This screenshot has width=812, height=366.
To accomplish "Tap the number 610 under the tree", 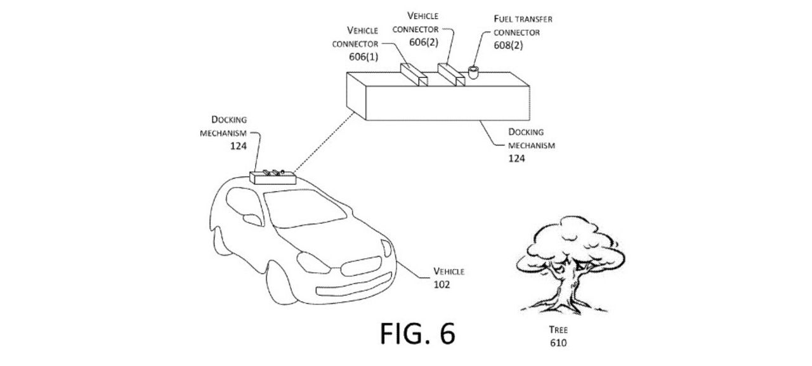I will (x=558, y=343).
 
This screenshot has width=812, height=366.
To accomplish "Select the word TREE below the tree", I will (x=558, y=330).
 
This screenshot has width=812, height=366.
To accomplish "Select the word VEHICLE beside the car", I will (x=449, y=271).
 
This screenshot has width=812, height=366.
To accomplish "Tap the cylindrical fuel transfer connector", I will (x=473, y=73).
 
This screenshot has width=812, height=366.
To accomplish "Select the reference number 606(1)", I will (x=363, y=57).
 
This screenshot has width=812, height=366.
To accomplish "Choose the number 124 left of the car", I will (x=239, y=145).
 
